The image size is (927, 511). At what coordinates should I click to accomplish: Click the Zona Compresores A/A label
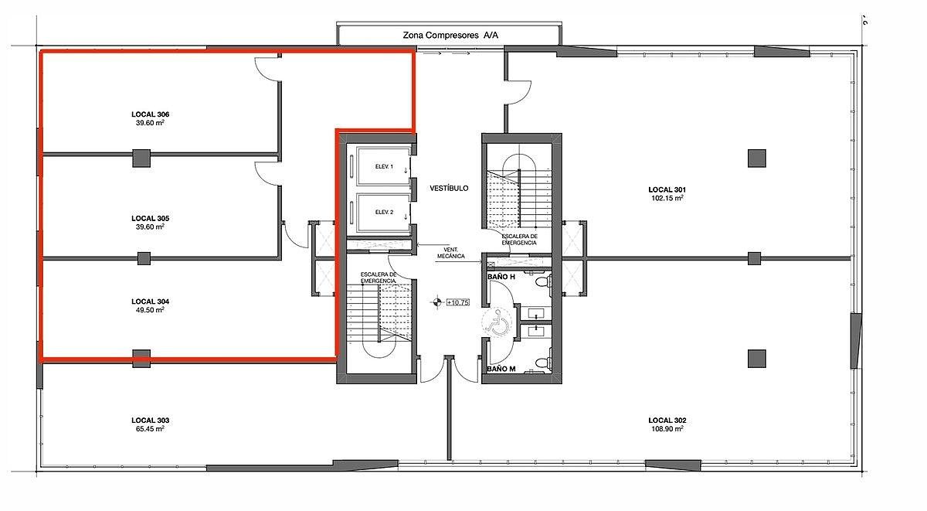[x=450, y=36]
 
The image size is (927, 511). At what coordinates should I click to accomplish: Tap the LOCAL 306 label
[x=150, y=114]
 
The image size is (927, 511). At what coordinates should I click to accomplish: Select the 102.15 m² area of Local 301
[x=667, y=198]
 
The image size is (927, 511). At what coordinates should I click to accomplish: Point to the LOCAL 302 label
[x=667, y=421]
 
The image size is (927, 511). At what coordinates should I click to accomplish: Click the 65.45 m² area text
[x=150, y=428]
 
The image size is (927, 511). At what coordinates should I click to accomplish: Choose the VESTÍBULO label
[x=449, y=189]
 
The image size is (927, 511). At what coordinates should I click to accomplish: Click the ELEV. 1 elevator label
[x=384, y=166]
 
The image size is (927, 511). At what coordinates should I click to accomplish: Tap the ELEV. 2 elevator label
[x=384, y=212]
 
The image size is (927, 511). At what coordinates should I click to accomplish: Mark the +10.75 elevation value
[x=458, y=303]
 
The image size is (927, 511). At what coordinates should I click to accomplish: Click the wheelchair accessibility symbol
[x=497, y=321]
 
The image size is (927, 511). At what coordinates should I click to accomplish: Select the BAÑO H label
[x=501, y=277]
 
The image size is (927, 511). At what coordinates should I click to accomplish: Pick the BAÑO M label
[x=501, y=369]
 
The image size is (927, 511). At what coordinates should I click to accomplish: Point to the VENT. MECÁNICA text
[x=450, y=253]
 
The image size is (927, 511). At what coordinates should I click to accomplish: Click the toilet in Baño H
[x=542, y=282]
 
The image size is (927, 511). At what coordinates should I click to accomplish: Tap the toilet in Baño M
[x=542, y=363]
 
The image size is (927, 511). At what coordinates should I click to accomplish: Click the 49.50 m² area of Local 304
[x=150, y=310]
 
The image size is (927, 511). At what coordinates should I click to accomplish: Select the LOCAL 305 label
[x=150, y=218]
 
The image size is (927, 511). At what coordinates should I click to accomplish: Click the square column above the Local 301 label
[x=756, y=158]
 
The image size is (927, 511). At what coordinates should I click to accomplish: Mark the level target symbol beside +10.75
[x=436, y=302]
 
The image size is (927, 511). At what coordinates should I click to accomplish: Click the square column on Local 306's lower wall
[x=141, y=158]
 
